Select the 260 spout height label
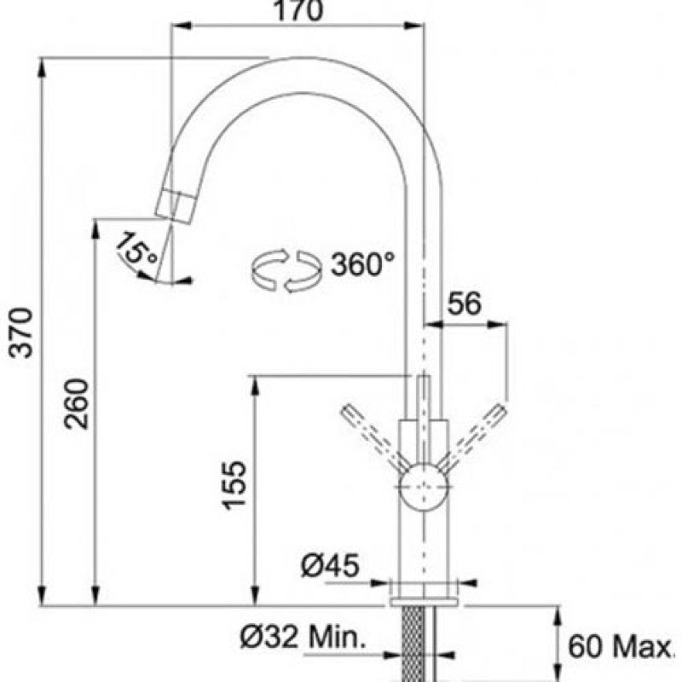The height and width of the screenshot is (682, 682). tap(76, 403)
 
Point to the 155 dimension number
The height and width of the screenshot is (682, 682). tap(234, 484)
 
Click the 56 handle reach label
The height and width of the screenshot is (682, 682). tap(465, 303)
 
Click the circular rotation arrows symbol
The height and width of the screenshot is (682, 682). tap(286, 270)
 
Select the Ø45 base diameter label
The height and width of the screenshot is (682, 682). tap(331, 565)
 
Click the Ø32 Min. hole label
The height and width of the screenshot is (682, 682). tap(303, 637)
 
